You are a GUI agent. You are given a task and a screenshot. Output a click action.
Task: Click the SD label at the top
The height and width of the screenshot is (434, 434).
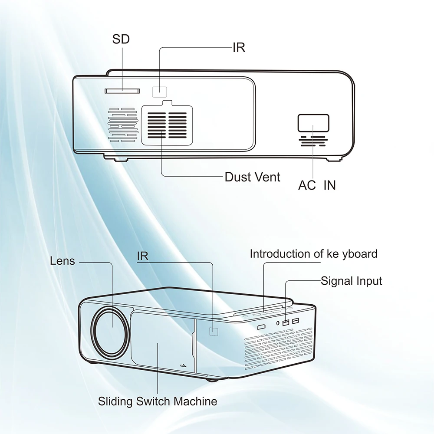[121, 39]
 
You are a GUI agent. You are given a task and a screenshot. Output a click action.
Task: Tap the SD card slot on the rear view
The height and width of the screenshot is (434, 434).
[122, 91]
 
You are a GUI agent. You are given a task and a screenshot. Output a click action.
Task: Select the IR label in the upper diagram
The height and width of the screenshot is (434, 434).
[239, 47]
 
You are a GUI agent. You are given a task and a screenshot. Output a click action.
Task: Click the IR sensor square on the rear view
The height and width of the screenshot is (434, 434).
[160, 91]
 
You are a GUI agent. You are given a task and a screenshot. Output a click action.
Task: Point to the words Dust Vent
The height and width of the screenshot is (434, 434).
[252, 177]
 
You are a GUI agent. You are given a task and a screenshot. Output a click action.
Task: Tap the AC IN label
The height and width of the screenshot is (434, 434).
[316, 185]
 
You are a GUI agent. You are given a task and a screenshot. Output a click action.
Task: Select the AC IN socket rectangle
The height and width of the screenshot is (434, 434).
[313, 122]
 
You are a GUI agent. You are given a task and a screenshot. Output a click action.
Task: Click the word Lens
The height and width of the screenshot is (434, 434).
[62, 261]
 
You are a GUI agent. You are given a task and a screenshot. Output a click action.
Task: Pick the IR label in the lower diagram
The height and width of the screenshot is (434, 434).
[142, 256]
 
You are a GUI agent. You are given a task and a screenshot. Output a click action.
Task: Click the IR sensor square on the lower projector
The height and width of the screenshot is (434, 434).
[214, 331]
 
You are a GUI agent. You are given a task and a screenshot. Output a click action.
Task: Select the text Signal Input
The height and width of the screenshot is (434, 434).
[351, 281]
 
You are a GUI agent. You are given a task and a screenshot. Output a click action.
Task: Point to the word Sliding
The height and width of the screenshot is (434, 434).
[114, 401]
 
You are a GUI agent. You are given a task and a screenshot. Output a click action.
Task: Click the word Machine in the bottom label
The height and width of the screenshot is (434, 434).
[195, 401]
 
